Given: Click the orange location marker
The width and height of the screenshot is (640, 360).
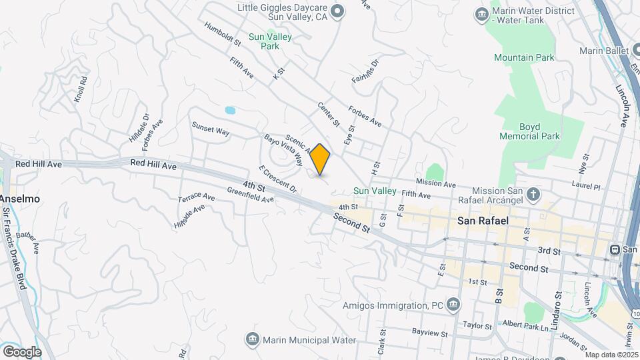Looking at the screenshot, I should tap(320, 159).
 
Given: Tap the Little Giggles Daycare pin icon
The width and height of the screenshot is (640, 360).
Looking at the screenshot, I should tap(337, 11).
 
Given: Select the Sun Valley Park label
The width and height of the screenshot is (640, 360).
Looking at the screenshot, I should tap(270, 41).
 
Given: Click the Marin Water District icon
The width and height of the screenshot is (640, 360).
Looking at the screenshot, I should tap(481, 14).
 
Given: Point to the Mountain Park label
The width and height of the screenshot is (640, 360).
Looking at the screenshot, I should tap(523, 58).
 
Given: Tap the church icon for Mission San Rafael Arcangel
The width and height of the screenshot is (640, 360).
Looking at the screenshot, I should tap(533, 195).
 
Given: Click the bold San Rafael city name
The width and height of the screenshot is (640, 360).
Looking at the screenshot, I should tap(484, 219).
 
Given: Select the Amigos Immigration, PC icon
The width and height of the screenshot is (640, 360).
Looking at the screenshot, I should tap(453, 305).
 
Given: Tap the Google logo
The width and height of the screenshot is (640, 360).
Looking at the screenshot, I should tap(21, 351).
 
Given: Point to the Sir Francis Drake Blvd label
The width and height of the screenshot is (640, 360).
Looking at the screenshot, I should tap(15, 247).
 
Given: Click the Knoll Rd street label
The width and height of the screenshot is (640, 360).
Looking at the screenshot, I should tap(81, 90).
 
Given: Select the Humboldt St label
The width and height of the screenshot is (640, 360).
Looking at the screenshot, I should tap(223, 33).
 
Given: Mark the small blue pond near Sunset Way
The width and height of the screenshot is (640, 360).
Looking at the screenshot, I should tap(230, 110).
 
